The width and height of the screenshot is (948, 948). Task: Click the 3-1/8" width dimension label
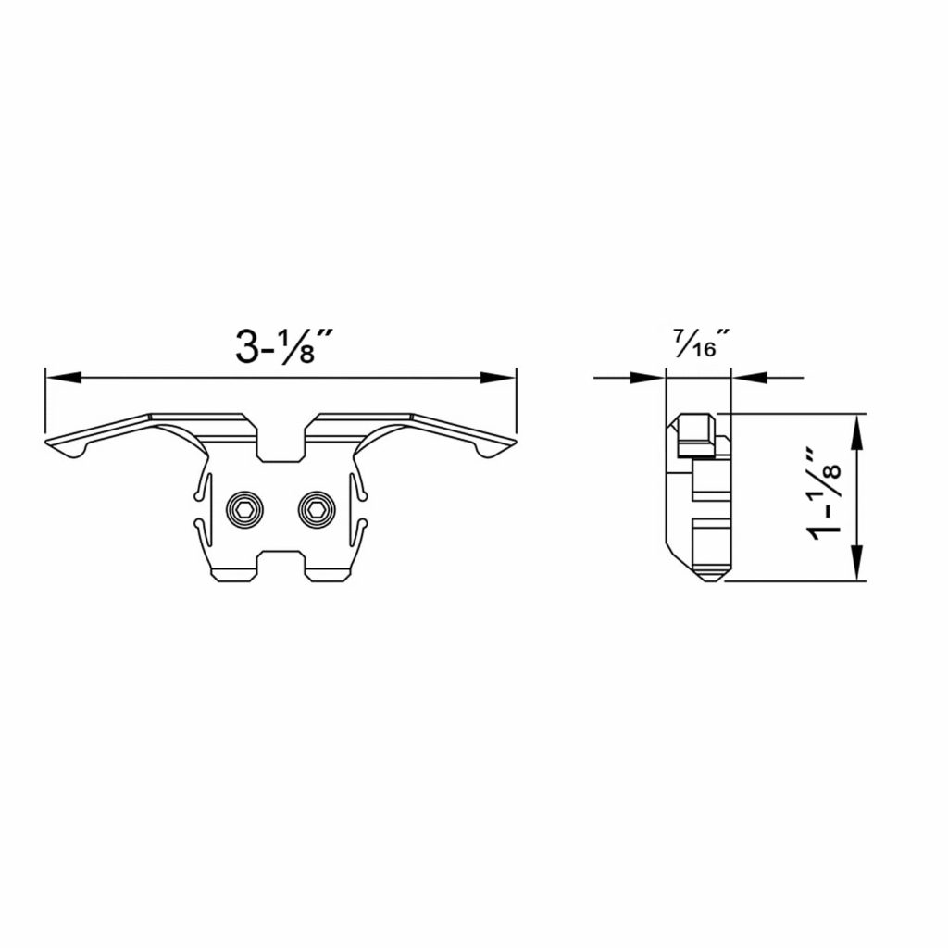(x=283, y=345)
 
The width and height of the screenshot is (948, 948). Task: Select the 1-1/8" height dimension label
(x=824, y=493)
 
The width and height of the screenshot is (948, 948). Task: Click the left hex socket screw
(x=244, y=508)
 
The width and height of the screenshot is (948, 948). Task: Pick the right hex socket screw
(x=315, y=508)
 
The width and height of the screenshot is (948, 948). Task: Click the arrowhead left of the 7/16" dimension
(x=648, y=377)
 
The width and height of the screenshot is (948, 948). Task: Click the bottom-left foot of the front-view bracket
(x=236, y=574)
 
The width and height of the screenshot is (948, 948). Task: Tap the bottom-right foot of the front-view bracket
(x=329, y=574)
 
